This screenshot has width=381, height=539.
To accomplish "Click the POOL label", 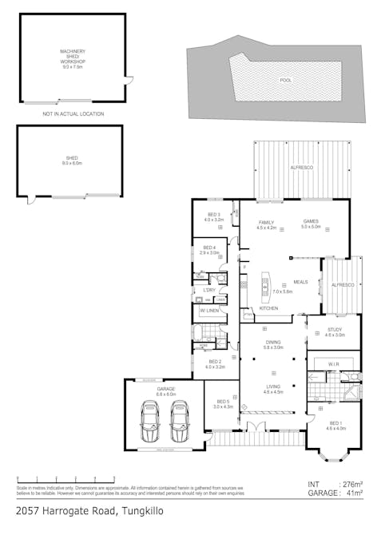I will point(285,81).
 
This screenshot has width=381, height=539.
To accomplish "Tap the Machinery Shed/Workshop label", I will point(73,57).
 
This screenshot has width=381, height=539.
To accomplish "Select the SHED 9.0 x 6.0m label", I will point(73,161).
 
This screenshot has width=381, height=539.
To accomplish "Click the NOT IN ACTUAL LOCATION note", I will point(73,113).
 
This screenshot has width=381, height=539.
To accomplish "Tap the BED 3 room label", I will point(213,216).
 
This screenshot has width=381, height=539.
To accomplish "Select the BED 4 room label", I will point(209,250).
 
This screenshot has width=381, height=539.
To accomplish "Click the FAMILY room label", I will point(266,225).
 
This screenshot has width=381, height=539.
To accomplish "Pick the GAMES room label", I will point(311,225).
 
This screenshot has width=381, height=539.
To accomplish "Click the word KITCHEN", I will point(268,308).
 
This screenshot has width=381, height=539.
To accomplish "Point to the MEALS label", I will point(300,282).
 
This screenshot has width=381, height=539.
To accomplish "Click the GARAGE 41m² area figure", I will point(335,494).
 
